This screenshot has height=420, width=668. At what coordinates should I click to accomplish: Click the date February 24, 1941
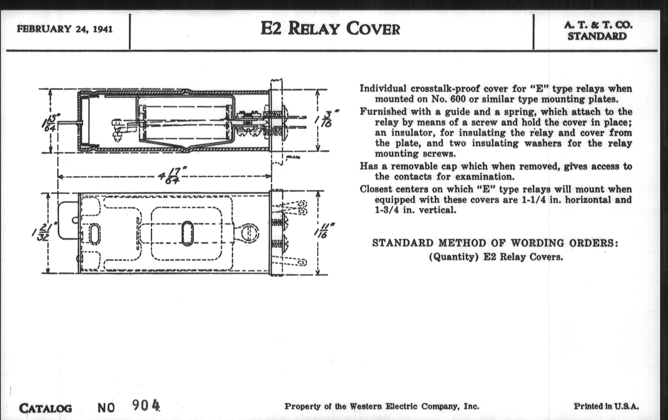65,29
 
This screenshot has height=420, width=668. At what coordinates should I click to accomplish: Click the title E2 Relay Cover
330,29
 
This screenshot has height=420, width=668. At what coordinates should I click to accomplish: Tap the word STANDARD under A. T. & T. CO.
597,36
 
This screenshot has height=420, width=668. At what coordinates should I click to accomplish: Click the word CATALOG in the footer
46,408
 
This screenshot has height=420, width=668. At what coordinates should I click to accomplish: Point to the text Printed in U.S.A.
606,407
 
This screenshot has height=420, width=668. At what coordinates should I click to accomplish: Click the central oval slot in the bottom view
187,233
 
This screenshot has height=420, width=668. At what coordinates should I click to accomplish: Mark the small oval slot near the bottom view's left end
94,234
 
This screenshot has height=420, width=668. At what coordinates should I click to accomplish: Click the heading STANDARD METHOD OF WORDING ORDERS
495,243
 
